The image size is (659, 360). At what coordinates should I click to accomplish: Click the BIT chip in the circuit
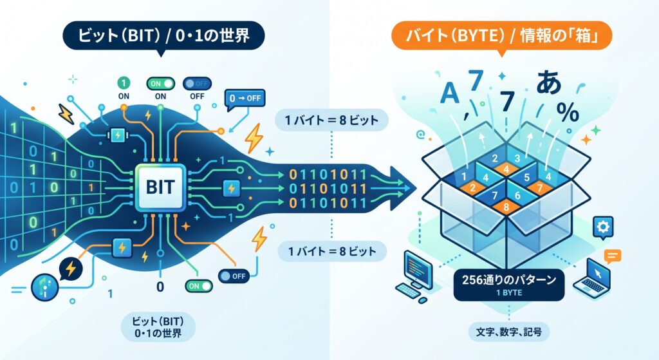pyautogui.click(x=160, y=187)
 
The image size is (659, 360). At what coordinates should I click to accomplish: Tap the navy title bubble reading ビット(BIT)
pyautogui.click(x=163, y=36)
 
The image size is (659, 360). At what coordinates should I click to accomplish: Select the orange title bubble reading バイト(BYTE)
pyautogui.click(x=501, y=36)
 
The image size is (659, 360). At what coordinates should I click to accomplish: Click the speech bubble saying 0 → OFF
pyautogui.click(x=245, y=100)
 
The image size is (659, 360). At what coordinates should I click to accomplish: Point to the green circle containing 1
pyautogui.click(x=124, y=83)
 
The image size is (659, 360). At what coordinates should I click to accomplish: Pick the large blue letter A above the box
pyautogui.click(x=449, y=93)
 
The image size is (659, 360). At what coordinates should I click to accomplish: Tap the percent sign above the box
pyautogui.click(x=568, y=112)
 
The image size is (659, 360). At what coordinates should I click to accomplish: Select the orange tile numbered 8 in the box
pyautogui.click(x=506, y=207)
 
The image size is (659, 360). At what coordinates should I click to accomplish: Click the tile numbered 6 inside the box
pyautogui.click(x=517, y=195)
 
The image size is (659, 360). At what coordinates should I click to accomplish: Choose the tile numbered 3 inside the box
pyautogui.click(x=517, y=158)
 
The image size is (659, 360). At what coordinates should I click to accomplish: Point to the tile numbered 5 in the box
pyautogui.click(x=526, y=178)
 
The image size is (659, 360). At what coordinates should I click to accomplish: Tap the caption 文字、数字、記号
pyautogui.click(x=509, y=332)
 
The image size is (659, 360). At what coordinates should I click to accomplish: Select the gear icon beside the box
pyautogui.click(x=603, y=227)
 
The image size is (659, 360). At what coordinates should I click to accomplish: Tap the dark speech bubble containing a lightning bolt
pyautogui.click(x=71, y=269)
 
